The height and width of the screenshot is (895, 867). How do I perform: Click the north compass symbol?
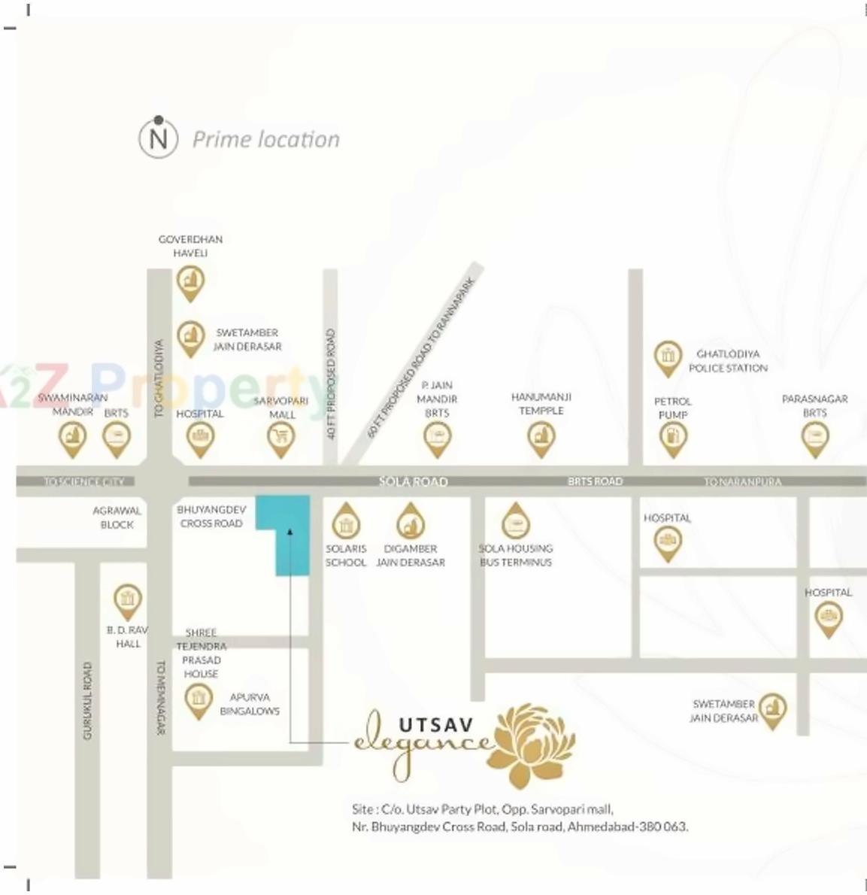(158, 138)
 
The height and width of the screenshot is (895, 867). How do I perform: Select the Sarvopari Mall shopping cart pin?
(281, 437)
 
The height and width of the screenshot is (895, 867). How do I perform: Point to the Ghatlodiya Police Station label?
(727, 361)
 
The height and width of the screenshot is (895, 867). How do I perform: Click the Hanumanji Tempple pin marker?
(541, 437)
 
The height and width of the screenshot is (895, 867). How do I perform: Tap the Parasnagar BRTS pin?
(814, 437)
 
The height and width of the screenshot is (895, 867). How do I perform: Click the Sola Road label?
(414, 481)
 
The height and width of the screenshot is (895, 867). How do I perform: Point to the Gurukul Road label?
(87, 700)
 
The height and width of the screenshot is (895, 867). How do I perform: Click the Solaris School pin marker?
(345, 523)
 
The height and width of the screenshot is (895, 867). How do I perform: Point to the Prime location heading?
(266, 140)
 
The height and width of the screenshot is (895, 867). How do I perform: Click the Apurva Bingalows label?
(250, 704)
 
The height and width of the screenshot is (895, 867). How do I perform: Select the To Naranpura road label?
(742, 481)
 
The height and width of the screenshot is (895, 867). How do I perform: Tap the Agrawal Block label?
(117, 517)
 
